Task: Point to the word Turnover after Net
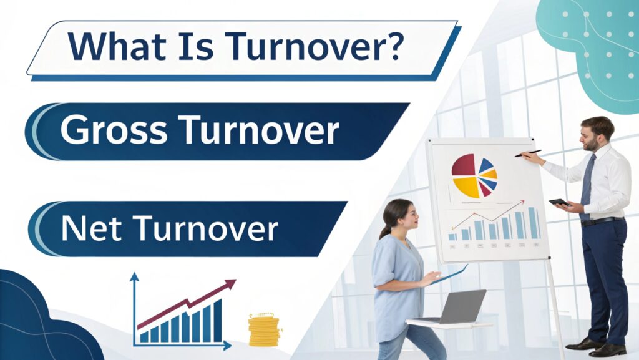[x=205, y=228]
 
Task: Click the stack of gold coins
[x=264, y=329]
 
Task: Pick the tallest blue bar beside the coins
[x=218, y=321]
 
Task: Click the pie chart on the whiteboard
[x=474, y=175]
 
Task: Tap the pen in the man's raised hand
[x=528, y=153]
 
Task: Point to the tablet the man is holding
[x=559, y=202]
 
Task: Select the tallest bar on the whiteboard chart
[x=532, y=223]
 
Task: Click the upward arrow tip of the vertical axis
[x=134, y=277]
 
